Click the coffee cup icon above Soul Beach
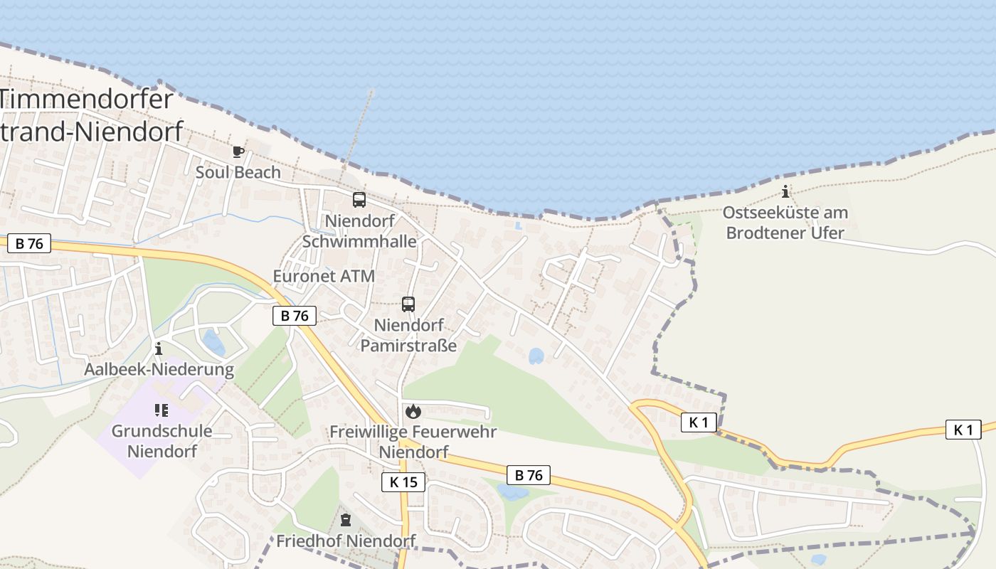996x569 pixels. click(x=238, y=151)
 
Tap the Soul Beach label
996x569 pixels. click(x=238, y=172)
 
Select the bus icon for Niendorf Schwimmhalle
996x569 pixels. click(x=359, y=200)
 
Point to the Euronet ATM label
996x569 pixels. click(x=324, y=276)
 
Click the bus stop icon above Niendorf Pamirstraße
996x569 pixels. click(x=408, y=304)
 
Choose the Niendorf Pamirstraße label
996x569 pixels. click(x=408, y=335)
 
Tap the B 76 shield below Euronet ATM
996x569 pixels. click(x=295, y=316)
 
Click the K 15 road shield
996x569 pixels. click(x=403, y=482)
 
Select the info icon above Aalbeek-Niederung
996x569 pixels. click(x=159, y=349)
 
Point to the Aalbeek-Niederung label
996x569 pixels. click(x=159, y=369)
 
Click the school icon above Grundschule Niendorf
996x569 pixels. click(x=161, y=410)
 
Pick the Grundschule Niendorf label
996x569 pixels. click(x=161, y=441)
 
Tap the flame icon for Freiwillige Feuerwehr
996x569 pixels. click(x=413, y=411)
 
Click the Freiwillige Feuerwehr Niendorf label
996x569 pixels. click(x=413, y=442)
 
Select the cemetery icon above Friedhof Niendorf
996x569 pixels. click(x=346, y=520)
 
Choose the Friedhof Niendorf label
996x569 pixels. click(x=346, y=541)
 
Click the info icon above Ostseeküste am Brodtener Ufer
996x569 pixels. click(x=785, y=191)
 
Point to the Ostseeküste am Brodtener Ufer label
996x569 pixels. click(x=785, y=222)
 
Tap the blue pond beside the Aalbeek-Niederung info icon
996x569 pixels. click(x=213, y=343)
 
